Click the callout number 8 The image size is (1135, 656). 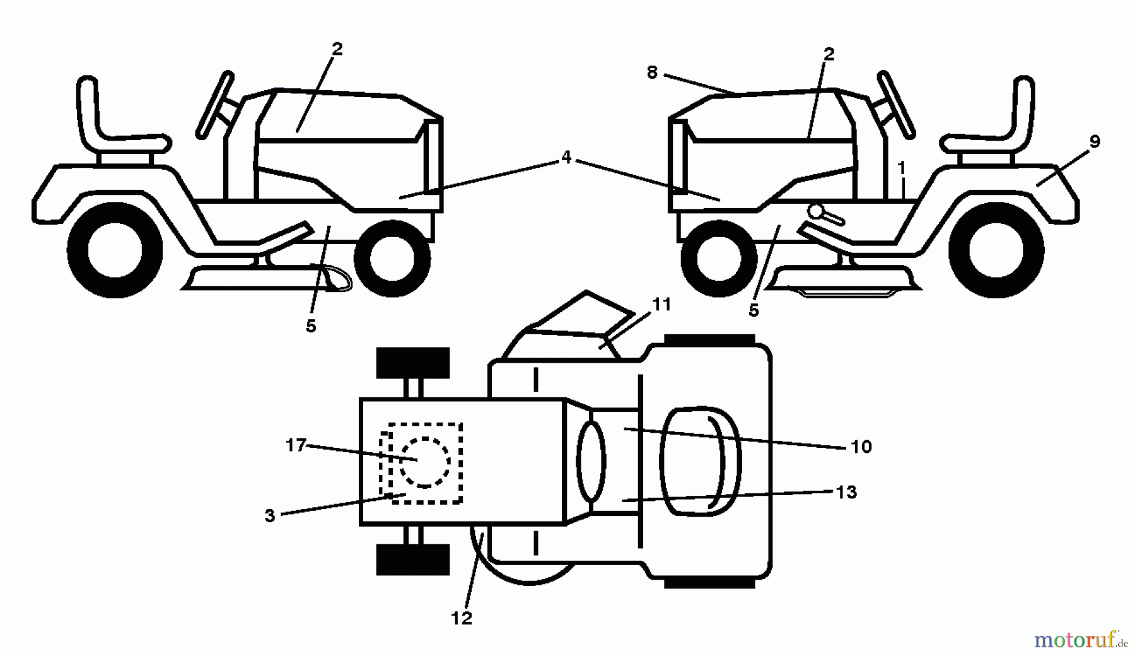pyautogui.click(x=652, y=73)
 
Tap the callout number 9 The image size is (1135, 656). pyautogui.click(x=1095, y=142)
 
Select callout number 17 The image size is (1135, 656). pyautogui.click(x=296, y=445)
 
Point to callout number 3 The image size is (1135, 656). pyautogui.click(x=270, y=515)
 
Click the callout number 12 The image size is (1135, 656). pyautogui.click(x=462, y=618)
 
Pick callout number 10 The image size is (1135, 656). pyautogui.click(x=861, y=447)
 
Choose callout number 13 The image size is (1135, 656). pyautogui.click(x=846, y=492)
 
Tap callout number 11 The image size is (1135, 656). pyautogui.click(x=661, y=304)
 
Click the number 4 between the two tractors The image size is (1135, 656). pyautogui.click(x=566, y=157)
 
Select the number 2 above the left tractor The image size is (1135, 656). pyautogui.click(x=337, y=49)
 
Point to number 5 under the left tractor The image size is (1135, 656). pyautogui.click(x=311, y=326)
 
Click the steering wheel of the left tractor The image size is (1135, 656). pyautogui.click(x=215, y=105)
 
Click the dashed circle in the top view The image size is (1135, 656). pyautogui.click(x=424, y=462)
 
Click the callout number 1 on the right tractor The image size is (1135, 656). pyautogui.click(x=902, y=168)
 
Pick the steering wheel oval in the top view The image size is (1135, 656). pyautogui.click(x=591, y=462)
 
